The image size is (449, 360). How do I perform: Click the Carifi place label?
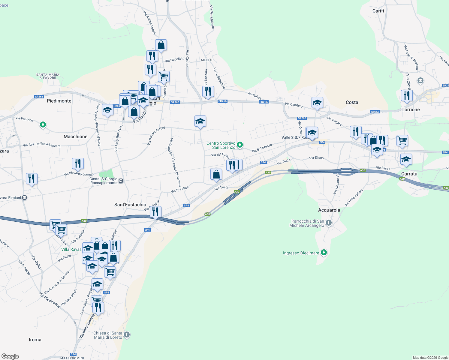tap(378, 11)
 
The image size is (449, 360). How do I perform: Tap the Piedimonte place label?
tap(59, 101)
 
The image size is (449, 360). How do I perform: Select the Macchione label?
tap(75, 136)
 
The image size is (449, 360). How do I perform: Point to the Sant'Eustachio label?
tap(130, 205)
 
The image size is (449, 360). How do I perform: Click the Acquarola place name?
tap(329, 210)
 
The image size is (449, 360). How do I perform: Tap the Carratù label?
tap(409, 174)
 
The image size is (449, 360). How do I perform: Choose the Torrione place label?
tap(411, 109)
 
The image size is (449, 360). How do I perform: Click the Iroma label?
tap(35, 340)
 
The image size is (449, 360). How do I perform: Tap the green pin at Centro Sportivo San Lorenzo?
tap(240, 145)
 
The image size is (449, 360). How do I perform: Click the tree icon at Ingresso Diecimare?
tap(324, 253)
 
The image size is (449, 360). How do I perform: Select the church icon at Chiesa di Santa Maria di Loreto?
tap(127, 334)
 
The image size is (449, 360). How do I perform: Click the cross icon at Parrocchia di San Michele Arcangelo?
tap(329, 223)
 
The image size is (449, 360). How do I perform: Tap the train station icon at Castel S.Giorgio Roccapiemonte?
tap(121, 181)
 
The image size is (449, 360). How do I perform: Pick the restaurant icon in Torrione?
tap(407, 95)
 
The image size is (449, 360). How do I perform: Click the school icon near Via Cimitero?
tap(317, 103)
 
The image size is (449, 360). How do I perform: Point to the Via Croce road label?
tap(187, 58)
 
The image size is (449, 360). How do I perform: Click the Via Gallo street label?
tap(36, 262)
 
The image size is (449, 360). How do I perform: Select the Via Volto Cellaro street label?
tap(354, 198)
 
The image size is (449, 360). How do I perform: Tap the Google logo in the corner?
tap(10, 356)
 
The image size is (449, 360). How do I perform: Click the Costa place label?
tap(352, 102)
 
